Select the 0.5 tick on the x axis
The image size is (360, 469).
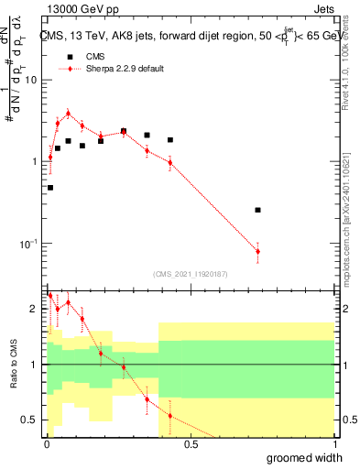click(191, 445)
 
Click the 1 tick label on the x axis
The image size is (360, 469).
click(333, 445)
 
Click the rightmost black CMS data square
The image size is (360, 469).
click(258, 210)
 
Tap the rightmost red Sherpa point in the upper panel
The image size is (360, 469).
click(258, 251)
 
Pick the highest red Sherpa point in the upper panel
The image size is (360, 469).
click(68, 114)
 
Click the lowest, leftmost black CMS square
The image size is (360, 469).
click(49, 188)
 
